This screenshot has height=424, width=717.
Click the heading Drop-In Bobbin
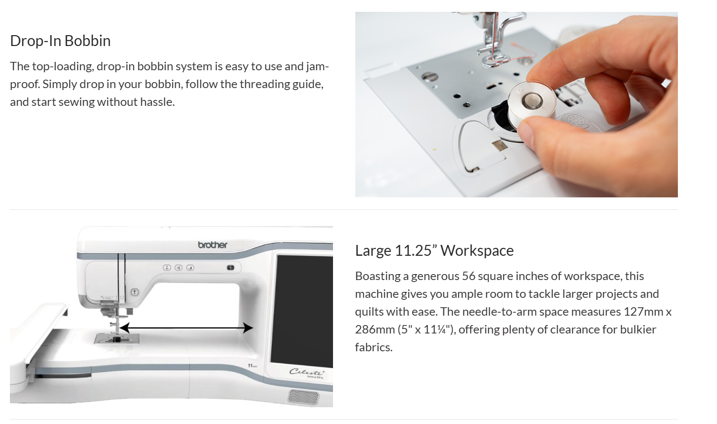pyautogui.click(x=60, y=41)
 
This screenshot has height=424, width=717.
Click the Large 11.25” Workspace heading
pyautogui.click(x=434, y=250)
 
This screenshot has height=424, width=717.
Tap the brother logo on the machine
pyautogui.click(x=213, y=245)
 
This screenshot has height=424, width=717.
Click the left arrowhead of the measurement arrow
pyautogui.click(x=124, y=328)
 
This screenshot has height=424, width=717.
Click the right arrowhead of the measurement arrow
pyautogui.click(x=248, y=328)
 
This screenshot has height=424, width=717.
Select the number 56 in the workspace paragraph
pyautogui.click(x=469, y=276)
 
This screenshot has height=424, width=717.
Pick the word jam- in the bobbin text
pyautogui.click(x=318, y=67)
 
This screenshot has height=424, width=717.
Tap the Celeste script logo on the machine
pyautogui.click(x=307, y=372)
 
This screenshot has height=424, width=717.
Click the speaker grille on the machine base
pyautogui.click(x=303, y=397)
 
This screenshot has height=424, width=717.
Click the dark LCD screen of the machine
pyautogui.click(x=302, y=310)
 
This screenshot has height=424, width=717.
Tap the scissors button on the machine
pyautogui.click(x=179, y=268)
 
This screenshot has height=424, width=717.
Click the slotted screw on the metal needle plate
pyautogui.click(x=430, y=77)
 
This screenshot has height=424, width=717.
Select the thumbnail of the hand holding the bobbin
pyautogui.click(x=516, y=105)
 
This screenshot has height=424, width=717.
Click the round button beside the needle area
pyautogui.click(x=135, y=292)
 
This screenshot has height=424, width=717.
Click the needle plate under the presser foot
pyautogui.click(x=117, y=338)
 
